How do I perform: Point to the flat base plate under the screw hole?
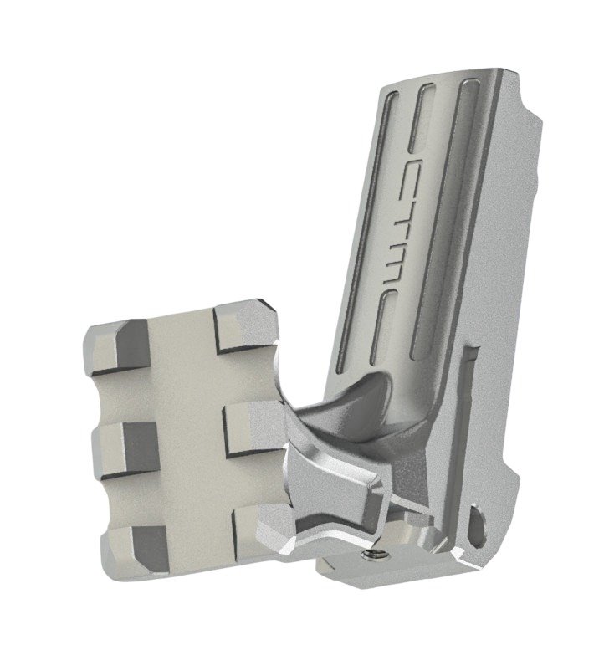376,573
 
